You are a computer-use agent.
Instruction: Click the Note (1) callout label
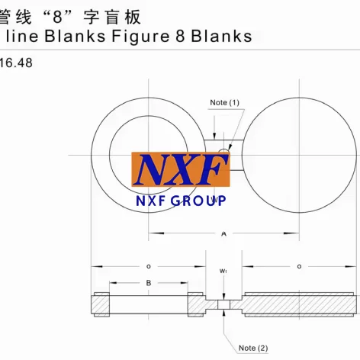pos(224,102)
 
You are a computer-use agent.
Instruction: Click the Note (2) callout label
pos(252,348)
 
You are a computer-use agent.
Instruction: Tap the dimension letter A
pos(223,235)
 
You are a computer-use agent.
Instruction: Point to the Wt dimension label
pos(223,270)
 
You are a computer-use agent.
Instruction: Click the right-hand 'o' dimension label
pos(299,266)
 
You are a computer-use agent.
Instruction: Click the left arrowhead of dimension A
pos(151,233)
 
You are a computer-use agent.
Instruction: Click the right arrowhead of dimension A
pos(297,233)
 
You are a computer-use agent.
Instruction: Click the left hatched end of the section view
pos(102,305)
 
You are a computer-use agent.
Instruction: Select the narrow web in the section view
pos(223,305)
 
